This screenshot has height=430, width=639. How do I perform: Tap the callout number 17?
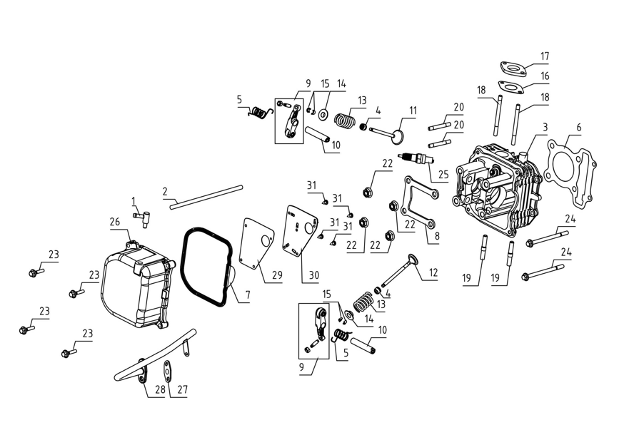coord(545,56)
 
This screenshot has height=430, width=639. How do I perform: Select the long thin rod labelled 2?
coord(206,198)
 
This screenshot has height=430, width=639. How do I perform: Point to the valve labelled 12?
coord(399,271)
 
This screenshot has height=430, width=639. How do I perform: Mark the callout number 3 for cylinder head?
coord(545,128)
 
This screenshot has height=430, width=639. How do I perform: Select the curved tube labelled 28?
coord(155,354)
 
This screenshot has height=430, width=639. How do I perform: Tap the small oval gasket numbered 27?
coord(168,368)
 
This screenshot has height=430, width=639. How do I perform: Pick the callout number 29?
coord(277,275)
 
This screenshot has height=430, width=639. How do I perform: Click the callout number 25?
coord(443,175)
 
